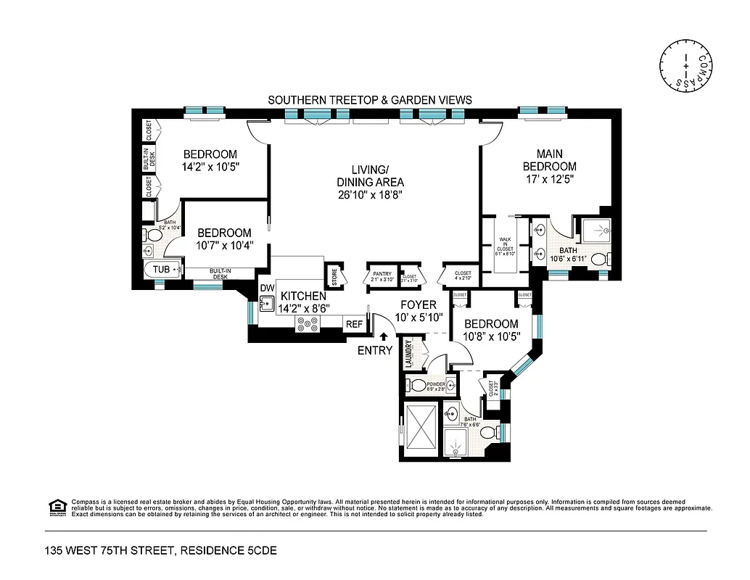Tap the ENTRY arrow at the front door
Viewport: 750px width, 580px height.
(383, 336)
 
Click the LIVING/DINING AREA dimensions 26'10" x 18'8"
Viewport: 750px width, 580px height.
(370, 195)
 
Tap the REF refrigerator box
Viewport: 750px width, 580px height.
(354, 325)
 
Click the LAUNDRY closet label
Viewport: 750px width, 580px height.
(408, 354)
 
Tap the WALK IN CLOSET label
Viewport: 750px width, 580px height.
(506, 245)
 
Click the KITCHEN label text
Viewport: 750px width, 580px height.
(303, 296)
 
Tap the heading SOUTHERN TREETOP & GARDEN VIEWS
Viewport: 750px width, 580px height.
(370, 100)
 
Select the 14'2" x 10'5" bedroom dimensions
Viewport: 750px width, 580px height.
(210, 167)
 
